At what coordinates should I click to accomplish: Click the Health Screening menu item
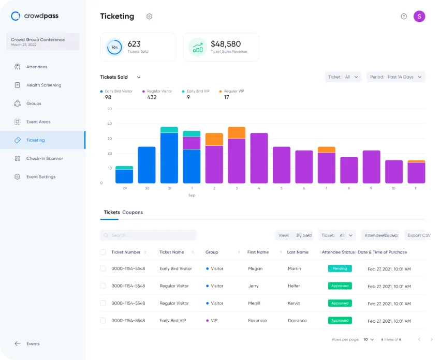(x=43, y=85)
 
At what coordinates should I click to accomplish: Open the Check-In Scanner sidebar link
(x=45, y=158)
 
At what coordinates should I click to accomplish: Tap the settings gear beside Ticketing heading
(x=149, y=17)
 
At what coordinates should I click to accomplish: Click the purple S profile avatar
(x=419, y=17)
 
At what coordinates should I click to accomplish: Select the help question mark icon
(x=404, y=17)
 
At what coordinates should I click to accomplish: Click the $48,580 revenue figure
(x=226, y=44)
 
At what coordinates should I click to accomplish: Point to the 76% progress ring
(x=114, y=47)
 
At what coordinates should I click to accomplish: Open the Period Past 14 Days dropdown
(x=396, y=77)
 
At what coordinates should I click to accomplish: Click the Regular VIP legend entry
(x=231, y=92)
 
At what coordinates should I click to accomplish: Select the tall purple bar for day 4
(x=259, y=158)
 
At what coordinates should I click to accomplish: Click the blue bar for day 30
(x=146, y=164)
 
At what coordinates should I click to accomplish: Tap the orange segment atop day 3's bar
(x=237, y=132)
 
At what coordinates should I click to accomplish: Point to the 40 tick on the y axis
(x=109, y=124)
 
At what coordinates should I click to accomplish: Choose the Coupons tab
(x=133, y=213)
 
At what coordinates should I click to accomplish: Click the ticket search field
(x=149, y=235)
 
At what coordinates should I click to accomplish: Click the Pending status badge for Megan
(x=340, y=268)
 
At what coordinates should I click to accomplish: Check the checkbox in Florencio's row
(x=103, y=321)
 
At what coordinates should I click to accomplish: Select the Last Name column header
(x=298, y=252)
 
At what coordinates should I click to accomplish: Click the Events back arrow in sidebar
(x=18, y=343)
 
